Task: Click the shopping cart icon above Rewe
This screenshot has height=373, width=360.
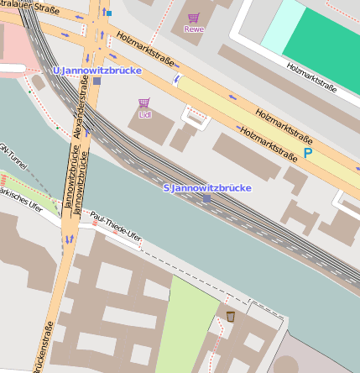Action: coord(194,18)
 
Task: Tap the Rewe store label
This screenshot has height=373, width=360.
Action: coord(194,30)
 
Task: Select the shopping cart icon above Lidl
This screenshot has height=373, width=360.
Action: coord(144,103)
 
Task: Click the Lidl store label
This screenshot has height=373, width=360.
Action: coord(144,114)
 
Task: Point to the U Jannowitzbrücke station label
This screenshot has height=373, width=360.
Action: coord(97,71)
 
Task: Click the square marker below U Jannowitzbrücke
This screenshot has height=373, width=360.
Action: coord(97,81)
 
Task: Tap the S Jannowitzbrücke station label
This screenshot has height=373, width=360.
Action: coord(206,187)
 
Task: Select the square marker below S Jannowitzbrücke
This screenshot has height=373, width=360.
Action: coord(207,199)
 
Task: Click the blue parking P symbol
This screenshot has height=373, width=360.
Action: coord(307,153)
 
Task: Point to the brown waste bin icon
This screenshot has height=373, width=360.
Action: coord(230,317)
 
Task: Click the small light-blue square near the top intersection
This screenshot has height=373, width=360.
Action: coord(107,13)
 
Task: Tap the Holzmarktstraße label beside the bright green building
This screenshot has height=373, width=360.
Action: coord(310,76)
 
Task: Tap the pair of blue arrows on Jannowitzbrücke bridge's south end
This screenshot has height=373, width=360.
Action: coord(69,239)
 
